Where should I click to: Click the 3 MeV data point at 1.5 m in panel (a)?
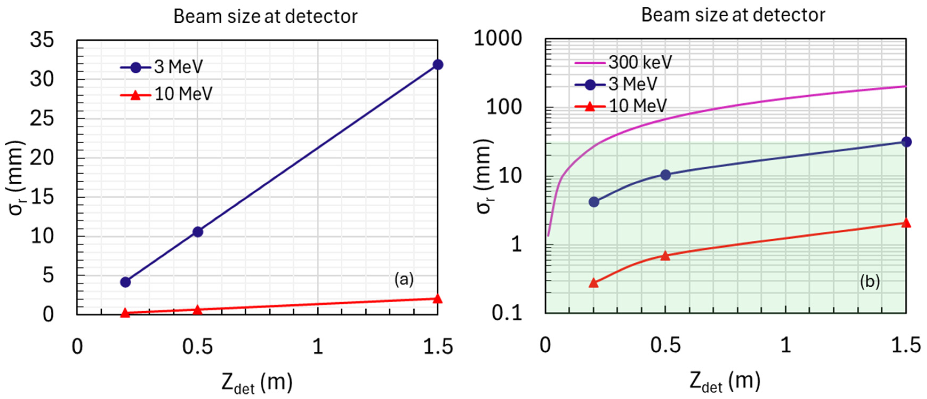(x=438, y=65)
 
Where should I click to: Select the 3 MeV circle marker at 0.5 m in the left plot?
(x=198, y=232)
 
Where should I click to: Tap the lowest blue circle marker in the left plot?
(x=125, y=282)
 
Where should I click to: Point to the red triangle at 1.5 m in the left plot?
(x=437, y=299)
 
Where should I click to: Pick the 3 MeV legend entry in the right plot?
(x=616, y=84)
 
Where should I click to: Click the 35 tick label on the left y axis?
(x=42, y=39)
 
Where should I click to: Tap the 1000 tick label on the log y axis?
(x=497, y=38)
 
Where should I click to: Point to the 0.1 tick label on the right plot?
(x=507, y=313)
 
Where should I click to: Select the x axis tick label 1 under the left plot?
(x=317, y=347)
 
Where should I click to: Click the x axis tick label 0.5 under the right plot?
(x=665, y=345)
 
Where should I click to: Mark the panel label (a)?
(x=404, y=279)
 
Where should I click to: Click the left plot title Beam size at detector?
(x=265, y=17)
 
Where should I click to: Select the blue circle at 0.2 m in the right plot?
(x=594, y=202)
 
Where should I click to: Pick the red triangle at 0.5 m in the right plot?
(x=665, y=256)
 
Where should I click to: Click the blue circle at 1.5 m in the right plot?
(x=906, y=142)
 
